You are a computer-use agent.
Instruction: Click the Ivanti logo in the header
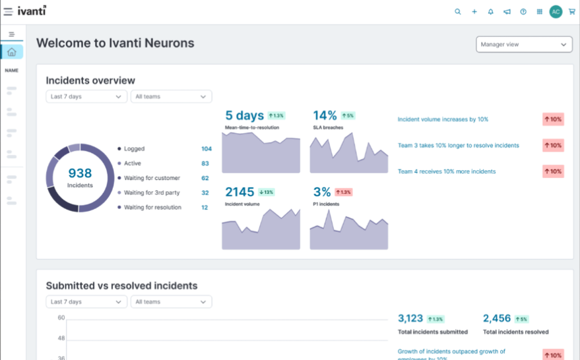[32, 11]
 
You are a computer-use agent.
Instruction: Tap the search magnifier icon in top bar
[458, 12]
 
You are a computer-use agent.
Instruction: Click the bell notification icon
[490, 12]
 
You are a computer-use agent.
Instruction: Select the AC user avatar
[556, 12]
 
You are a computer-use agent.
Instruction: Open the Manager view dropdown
[524, 44]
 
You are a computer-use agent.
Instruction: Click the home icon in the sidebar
[12, 52]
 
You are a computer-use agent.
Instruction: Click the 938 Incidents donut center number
[80, 173]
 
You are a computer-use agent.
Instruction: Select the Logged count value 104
[206, 149]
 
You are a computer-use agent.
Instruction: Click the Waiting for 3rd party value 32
[205, 193]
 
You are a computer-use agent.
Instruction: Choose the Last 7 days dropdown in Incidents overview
[86, 96]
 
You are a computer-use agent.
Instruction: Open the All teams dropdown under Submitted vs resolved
[171, 302]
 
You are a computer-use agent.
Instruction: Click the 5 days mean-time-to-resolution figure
[244, 116]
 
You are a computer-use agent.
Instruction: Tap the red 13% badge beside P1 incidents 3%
[343, 192]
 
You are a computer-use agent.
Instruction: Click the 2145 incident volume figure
[240, 192]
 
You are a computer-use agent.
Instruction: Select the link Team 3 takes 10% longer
[458, 145]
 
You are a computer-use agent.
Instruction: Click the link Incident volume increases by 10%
[443, 119]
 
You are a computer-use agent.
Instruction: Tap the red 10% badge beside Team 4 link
[553, 171]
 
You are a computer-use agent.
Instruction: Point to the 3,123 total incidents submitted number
[410, 318]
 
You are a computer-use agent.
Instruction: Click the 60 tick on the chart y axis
[61, 318]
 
